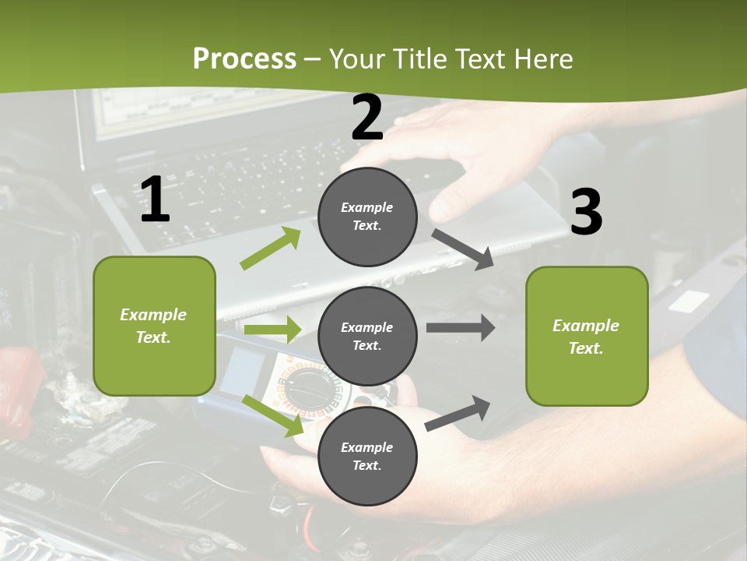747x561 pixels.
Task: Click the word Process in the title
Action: (x=244, y=59)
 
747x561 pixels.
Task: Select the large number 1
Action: (x=155, y=200)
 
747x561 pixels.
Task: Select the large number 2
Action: (x=367, y=118)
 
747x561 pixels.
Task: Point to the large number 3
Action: (x=586, y=212)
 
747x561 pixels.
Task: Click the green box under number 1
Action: (x=154, y=326)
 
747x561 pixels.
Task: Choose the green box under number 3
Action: (x=587, y=336)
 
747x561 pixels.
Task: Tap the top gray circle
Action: (x=367, y=217)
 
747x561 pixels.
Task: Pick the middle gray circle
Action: (x=367, y=336)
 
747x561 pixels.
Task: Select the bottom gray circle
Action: (x=367, y=456)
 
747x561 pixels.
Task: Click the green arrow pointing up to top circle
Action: (x=271, y=249)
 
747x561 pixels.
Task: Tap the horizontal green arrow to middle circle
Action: (x=272, y=330)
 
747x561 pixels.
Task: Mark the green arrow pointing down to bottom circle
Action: (x=272, y=415)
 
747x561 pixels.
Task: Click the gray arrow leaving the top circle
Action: (x=462, y=249)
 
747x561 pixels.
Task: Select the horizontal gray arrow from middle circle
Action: (x=460, y=327)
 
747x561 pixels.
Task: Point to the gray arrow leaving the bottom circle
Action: (x=458, y=413)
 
